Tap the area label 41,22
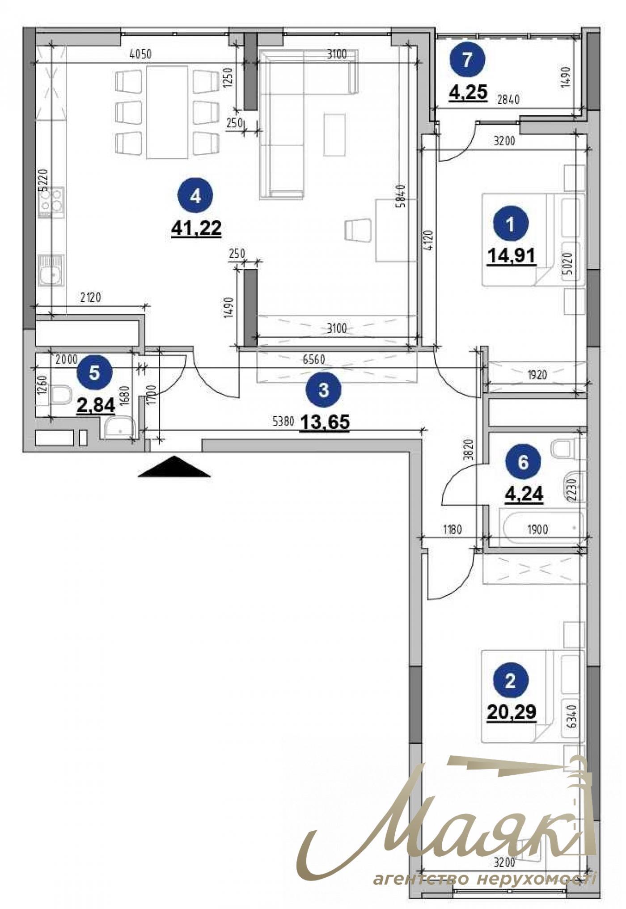coord(196,229)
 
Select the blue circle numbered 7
coord(467,60)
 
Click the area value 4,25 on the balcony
coord(468,93)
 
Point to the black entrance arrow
coord(174,467)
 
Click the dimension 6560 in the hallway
coord(313,359)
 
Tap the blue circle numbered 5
coord(94,372)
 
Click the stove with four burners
coord(51,202)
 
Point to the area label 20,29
coord(511,711)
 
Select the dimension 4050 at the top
coord(140,55)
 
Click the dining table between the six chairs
coord(167,112)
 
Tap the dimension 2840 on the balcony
coord(508,100)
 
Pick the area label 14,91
coord(512,256)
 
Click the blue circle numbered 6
coord(523,462)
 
